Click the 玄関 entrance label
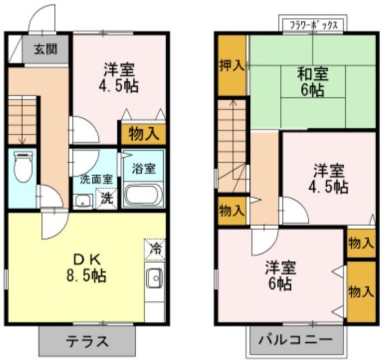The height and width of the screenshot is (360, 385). point(45,50)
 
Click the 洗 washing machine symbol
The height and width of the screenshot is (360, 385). point(107,198)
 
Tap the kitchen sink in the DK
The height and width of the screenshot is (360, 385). point(154,278)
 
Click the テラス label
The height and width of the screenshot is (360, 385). point(87,341)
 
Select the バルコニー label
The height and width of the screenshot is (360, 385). point(295,340)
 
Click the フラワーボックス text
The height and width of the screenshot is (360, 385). point(314,26)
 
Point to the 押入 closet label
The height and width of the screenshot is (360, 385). point(232,65)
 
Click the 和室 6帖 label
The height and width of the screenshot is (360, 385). point(312,82)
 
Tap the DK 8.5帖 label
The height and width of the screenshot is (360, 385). point(87,269)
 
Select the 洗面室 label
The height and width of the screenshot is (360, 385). point(97,180)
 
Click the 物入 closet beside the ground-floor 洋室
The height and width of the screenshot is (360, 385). point(142,134)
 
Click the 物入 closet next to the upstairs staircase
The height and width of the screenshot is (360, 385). point(232,211)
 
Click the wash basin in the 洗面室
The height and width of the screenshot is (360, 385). point(83,201)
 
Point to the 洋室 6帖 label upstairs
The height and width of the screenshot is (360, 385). point(281,276)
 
